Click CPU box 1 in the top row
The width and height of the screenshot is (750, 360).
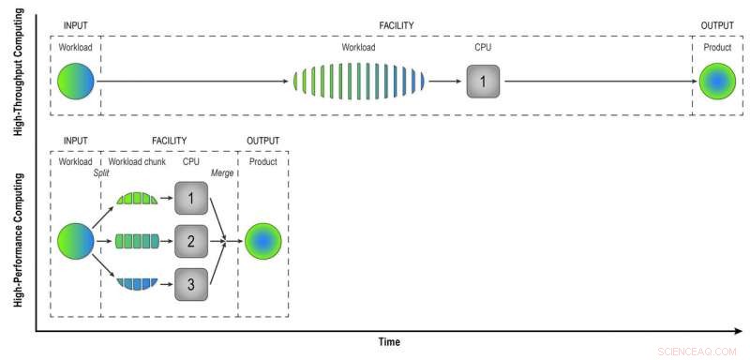tap(483, 82)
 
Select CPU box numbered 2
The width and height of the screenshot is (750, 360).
tap(190, 242)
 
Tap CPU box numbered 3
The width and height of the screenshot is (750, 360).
tap(190, 284)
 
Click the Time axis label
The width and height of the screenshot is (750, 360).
tap(389, 342)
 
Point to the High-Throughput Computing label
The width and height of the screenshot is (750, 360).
tap(19, 75)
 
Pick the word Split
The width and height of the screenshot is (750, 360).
tap(102, 173)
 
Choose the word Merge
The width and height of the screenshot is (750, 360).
tap(223, 173)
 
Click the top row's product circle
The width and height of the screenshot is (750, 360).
tap(717, 82)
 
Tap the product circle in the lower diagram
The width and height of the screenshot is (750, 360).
tap(263, 242)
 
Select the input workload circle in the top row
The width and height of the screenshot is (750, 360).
tap(76, 82)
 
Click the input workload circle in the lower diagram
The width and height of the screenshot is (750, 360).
tap(76, 242)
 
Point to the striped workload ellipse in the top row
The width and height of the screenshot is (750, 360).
tap(359, 82)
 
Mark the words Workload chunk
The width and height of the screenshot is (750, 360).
tap(136, 161)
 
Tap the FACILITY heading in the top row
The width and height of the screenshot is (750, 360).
tap(397, 25)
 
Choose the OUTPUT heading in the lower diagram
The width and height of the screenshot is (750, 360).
tap(263, 142)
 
